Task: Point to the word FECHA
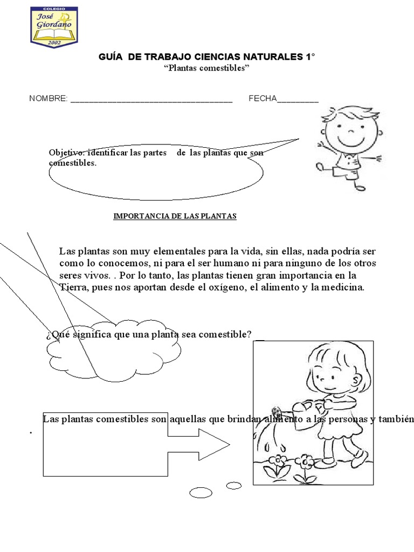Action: [263, 99]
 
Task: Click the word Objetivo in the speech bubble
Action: [66, 153]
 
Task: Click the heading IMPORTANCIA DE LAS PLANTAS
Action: [175, 216]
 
